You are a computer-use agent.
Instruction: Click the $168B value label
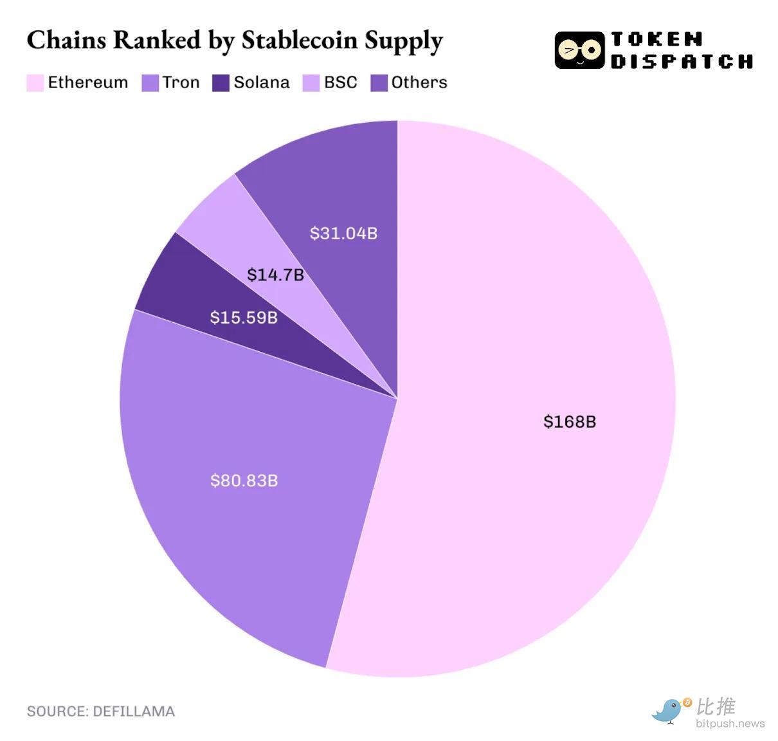pyautogui.click(x=570, y=421)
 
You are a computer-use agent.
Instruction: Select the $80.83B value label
pyautogui.click(x=244, y=480)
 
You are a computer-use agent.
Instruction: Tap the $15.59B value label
pyautogui.click(x=244, y=317)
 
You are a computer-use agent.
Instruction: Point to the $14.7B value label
pyautogui.click(x=275, y=275)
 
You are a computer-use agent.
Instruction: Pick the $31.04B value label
pyautogui.click(x=343, y=233)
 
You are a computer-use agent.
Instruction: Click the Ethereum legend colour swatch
pyautogui.click(x=35, y=83)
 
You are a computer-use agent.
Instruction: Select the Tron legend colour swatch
pyautogui.click(x=150, y=83)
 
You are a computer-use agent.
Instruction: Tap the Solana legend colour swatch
pyautogui.click(x=221, y=83)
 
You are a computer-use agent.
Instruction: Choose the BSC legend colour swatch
pyautogui.click(x=311, y=83)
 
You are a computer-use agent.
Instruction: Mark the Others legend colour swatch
pyautogui.click(x=379, y=83)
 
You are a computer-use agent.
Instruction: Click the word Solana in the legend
pyautogui.click(x=262, y=82)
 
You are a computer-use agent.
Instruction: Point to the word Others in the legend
pyautogui.click(x=419, y=82)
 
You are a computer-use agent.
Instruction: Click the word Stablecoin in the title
pyautogui.click(x=299, y=40)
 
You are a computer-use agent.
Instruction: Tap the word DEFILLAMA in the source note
pyautogui.click(x=134, y=711)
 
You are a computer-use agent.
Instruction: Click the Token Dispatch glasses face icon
pyautogui.click(x=579, y=50)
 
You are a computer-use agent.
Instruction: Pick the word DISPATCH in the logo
pyautogui.click(x=682, y=62)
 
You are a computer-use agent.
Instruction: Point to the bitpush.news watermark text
pyautogui.click(x=730, y=724)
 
